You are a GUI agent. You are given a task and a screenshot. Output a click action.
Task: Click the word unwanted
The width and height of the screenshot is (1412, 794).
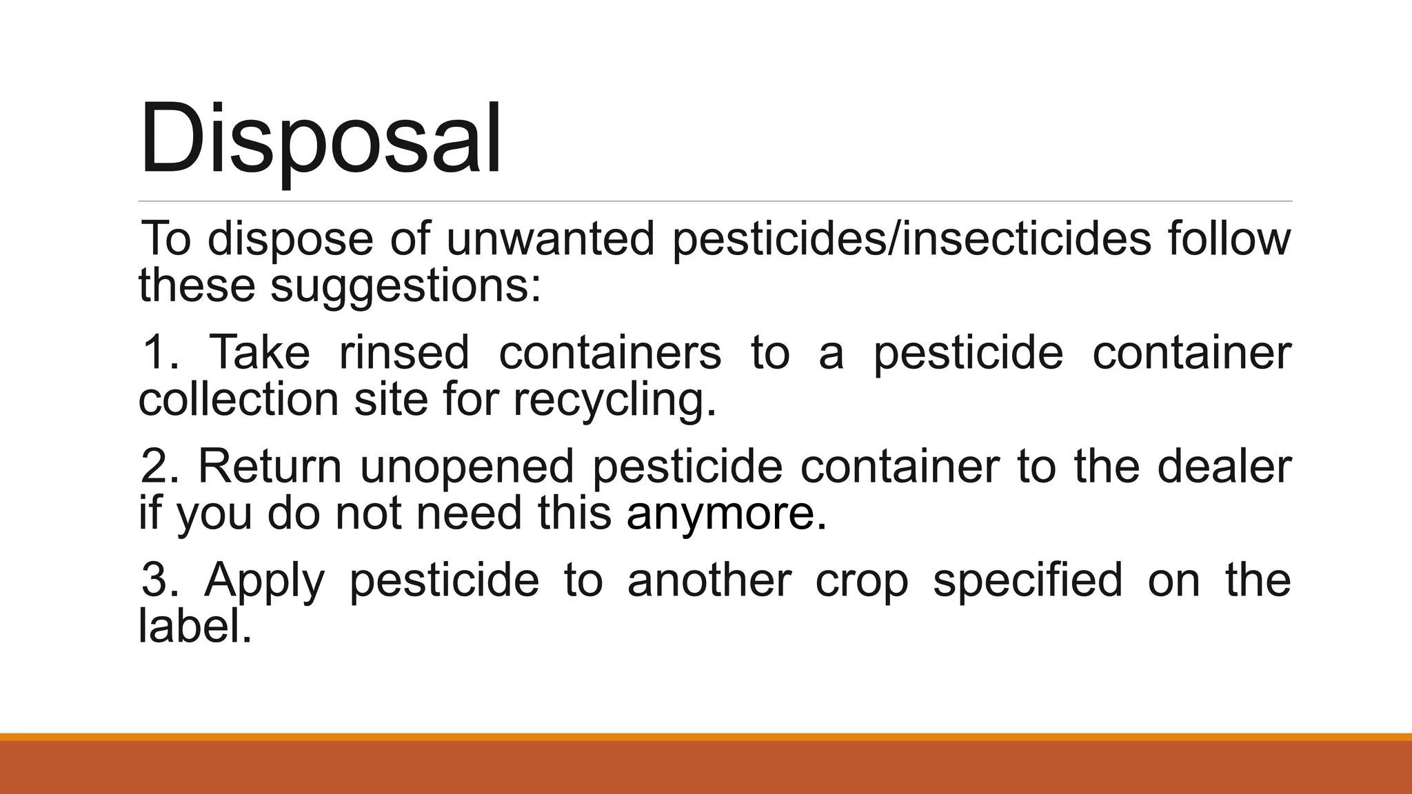549,239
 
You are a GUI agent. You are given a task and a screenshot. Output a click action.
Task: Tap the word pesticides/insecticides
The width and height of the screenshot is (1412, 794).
911,239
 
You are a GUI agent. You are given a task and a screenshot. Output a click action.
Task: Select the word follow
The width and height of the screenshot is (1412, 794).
1229,239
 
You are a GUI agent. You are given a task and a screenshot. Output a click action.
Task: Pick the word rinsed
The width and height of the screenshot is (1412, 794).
404,352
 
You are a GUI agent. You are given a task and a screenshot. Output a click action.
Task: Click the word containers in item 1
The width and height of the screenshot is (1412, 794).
610,352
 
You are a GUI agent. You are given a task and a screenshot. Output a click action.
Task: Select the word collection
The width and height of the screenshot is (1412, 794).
239,399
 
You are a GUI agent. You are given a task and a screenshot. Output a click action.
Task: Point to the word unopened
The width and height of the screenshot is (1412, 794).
467,467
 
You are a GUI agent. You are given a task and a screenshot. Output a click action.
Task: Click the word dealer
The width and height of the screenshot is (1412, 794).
1224,467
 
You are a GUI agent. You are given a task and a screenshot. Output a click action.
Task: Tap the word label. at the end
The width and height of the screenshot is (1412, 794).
195,627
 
